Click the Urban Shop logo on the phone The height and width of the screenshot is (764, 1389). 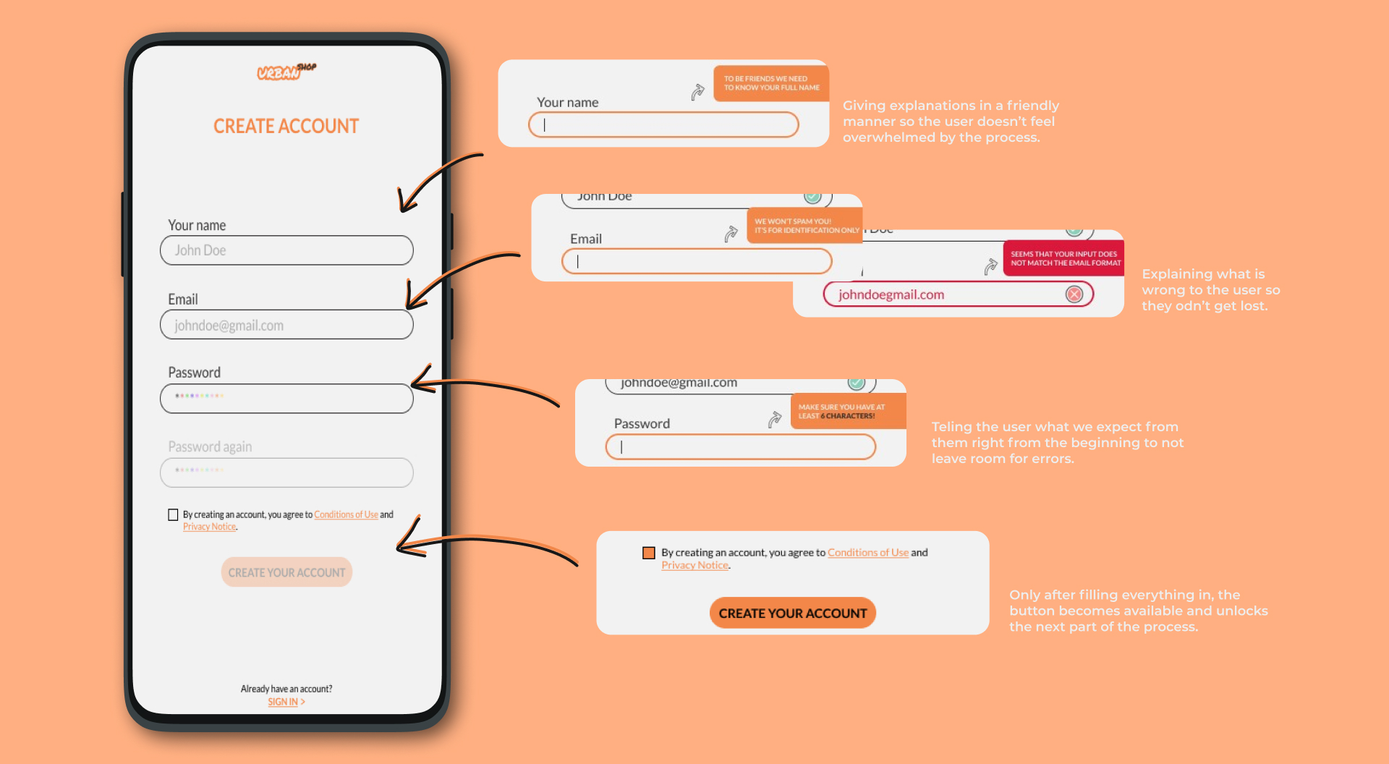tap(286, 72)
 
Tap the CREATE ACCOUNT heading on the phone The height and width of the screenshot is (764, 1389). tap(286, 127)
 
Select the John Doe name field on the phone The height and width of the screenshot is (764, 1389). tap(286, 250)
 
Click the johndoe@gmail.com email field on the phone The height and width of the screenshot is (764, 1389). tap(286, 325)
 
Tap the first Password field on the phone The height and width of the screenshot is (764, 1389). tap(286, 399)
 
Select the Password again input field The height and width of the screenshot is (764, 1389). tap(286, 472)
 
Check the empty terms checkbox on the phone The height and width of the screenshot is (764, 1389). tap(173, 515)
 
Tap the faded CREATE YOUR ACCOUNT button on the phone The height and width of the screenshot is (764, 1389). tap(286, 572)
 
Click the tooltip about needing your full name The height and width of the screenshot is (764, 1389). tap(771, 83)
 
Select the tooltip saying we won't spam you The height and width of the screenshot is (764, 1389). tap(805, 226)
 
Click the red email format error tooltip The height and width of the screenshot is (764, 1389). tap(1063, 258)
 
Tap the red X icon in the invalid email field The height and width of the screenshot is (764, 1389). tap(1074, 294)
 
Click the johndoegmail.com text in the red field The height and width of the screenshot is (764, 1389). tap(891, 294)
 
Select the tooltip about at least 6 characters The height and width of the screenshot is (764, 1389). tap(847, 412)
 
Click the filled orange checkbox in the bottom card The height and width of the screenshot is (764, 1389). tap(649, 553)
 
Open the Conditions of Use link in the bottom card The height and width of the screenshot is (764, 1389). tap(867, 553)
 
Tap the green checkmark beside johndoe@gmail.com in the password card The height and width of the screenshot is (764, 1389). tap(856, 383)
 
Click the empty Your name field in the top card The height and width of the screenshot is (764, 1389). tap(663, 124)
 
